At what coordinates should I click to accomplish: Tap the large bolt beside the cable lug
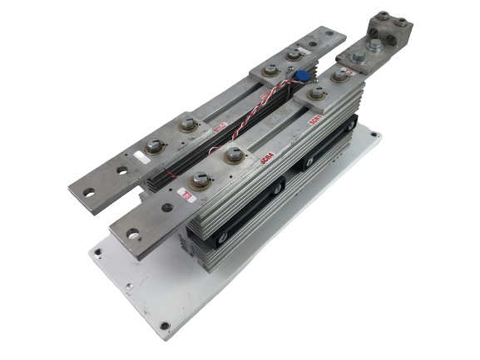(x=358, y=59)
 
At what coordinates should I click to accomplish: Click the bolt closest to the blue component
(x=294, y=55)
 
